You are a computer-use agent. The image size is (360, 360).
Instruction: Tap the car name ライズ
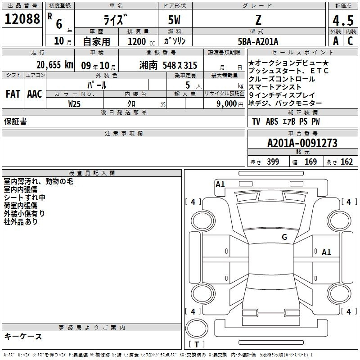(x=116, y=20)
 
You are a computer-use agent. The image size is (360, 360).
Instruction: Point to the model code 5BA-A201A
(x=258, y=41)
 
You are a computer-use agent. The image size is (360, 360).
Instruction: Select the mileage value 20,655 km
(x=54, y=65)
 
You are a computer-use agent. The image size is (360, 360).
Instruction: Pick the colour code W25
(x=75, y=103)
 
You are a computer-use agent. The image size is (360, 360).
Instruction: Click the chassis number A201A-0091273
(x=302, y=143)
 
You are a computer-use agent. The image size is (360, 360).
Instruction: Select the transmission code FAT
(x=13, y=94)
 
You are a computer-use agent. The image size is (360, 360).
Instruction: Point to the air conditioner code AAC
(x=34, y=94)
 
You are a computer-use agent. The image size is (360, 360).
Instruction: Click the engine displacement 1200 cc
(x=140, y=41)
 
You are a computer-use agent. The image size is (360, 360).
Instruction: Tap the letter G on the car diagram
(x=284, y=237)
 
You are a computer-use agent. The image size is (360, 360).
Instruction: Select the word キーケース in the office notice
(x=23, y=336)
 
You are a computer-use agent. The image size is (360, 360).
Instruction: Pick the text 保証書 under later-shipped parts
(x=15, y=121)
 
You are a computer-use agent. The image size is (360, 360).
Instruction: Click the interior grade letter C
(x=349, y=41)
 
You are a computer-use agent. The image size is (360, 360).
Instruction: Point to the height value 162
(x=346, y=162)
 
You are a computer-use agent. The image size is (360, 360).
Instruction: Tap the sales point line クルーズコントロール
(x=282, y=79)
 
